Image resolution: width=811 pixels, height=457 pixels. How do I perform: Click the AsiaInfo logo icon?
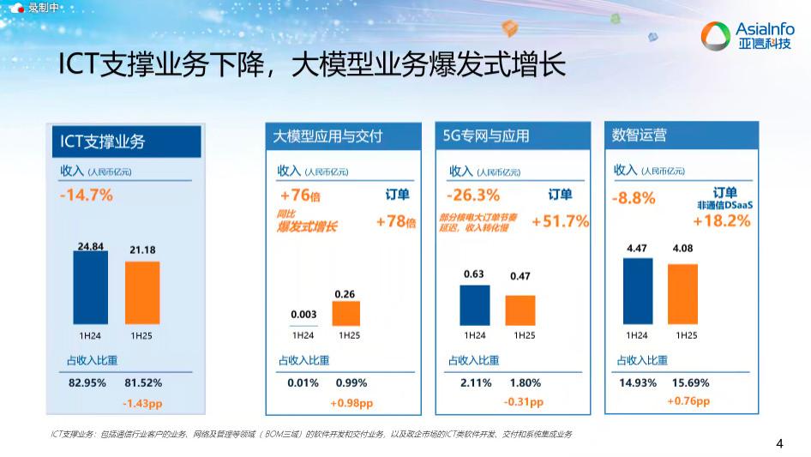[715, 36]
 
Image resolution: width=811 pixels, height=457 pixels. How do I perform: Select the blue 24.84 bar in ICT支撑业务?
[90, 286]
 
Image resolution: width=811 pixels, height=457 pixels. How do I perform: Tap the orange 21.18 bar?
[142, 292]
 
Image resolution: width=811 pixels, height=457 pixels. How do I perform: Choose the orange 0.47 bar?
[520, 310]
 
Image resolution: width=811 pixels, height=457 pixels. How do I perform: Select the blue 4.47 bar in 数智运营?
[637, 291]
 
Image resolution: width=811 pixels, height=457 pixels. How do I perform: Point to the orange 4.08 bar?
[682, 294]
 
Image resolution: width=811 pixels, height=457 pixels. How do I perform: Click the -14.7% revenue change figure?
[87, 195]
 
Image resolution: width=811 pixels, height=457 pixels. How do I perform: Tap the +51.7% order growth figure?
[560, 221]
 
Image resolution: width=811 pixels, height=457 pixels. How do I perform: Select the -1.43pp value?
[141, 402]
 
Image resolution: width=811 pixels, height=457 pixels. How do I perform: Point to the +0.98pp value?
[351, 403]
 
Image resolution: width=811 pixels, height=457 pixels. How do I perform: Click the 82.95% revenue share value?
[87, 382]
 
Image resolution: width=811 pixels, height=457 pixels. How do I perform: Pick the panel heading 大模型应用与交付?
[327, 135]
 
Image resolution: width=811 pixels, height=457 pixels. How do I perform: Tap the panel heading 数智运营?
[640, 135]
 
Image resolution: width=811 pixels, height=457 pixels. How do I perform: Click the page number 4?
[779, 443]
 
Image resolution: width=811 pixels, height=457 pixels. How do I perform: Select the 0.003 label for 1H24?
[303, 315]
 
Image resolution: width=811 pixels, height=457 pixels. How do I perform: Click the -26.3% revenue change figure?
[473, 195]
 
